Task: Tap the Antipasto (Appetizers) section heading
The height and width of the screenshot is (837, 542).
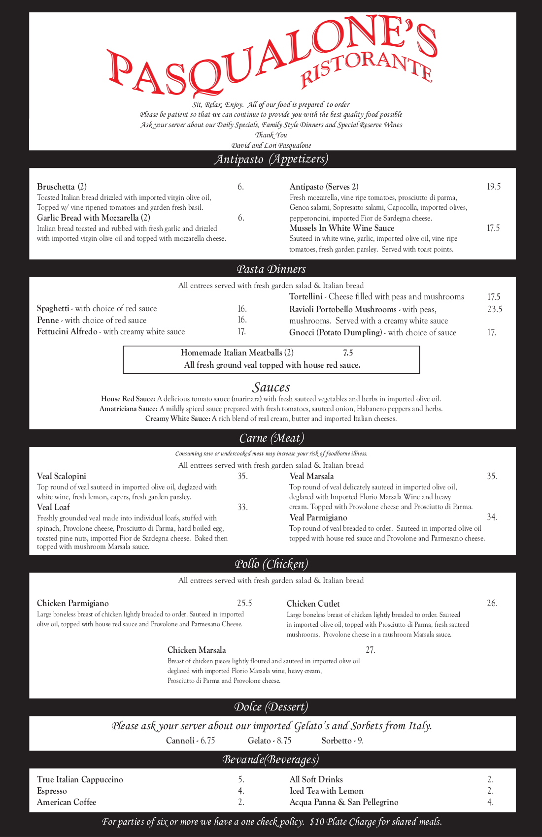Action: [x=271, y=159]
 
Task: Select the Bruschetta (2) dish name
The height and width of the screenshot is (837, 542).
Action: [x=62, y=187]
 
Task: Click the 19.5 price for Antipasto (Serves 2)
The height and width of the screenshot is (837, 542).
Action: [x=493, y=187]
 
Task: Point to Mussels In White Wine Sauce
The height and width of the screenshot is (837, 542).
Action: [x=341, y=228]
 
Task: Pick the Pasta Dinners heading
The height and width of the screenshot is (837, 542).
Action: [x=271, y=269]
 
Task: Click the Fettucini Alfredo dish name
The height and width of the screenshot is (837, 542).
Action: [x=67, y=331]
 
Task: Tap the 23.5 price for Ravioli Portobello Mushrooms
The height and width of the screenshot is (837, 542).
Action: [x=494, y=309]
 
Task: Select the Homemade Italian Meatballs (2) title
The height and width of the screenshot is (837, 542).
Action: [x=237, y=353]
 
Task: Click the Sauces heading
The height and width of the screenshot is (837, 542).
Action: [x=271, y=387]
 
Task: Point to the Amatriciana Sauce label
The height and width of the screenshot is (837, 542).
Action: [x=128, y=409]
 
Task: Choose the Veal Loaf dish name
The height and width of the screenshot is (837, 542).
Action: [x=53, y=507]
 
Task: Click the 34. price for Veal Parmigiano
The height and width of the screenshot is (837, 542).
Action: [x=492, y=517]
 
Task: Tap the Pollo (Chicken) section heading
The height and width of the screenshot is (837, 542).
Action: [x=271, y=564]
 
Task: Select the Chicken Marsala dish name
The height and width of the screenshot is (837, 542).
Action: [x=197, y=650]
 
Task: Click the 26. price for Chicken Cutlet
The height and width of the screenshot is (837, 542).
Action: [x=492, y=603]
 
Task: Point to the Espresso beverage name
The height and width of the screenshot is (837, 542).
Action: [x=52, y=791]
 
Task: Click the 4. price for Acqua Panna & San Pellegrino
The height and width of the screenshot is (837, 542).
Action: [x=490, y=802]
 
